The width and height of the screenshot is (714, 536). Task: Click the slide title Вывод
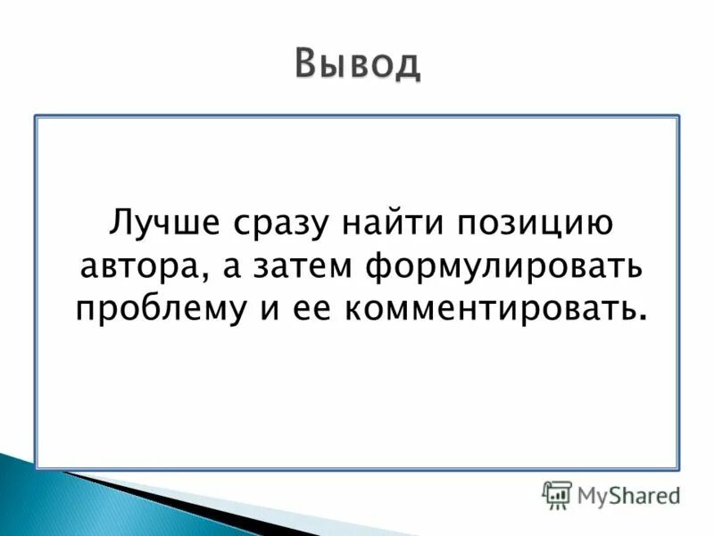[x=357, y=64]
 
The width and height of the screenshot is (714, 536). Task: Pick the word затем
[x=295, y=265]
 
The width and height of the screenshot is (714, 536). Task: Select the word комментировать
[x=487, y=309]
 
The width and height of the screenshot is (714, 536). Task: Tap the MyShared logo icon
[x=556, y=493]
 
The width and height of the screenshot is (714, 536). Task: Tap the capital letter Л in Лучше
[x=119, y=221]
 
